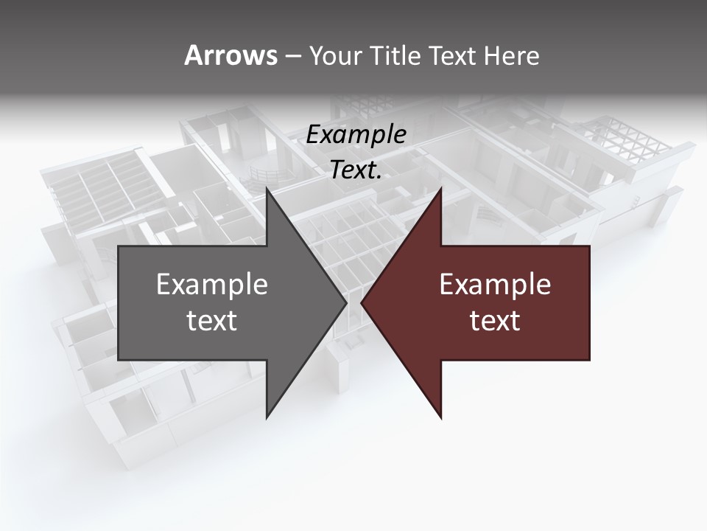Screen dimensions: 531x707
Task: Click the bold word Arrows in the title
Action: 231,55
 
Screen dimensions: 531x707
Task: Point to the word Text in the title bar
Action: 454,55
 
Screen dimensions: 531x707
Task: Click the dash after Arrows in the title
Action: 292,56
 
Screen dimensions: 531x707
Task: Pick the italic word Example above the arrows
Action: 356,135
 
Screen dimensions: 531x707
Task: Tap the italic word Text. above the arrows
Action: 356,170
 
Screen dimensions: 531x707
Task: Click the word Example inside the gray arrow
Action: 212,285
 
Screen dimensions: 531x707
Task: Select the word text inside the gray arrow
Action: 212,321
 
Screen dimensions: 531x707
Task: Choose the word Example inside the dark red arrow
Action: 495,285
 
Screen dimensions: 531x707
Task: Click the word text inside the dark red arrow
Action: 495,321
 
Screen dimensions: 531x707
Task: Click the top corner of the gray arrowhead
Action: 267,189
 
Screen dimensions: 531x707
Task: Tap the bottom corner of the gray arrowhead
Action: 267,417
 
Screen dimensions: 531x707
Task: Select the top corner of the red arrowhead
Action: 440,189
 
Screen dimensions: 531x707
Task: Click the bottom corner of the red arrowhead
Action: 440,417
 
